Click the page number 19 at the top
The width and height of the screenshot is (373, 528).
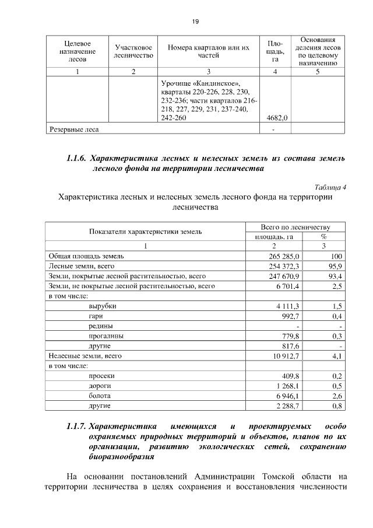195,22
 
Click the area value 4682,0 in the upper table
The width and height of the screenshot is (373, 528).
277,118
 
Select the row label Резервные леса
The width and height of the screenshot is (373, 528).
73,130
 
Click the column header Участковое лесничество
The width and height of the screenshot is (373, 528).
134,51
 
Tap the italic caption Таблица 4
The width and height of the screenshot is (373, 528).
330,187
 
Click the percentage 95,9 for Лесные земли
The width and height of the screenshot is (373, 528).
335,266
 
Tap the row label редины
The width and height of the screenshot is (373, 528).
101,326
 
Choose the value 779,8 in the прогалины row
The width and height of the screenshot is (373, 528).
289,336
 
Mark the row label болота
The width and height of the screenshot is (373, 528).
100,396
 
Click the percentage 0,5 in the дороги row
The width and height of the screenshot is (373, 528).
337,386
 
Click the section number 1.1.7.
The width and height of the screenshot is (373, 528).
78,426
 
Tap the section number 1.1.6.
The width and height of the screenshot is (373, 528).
78,158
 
